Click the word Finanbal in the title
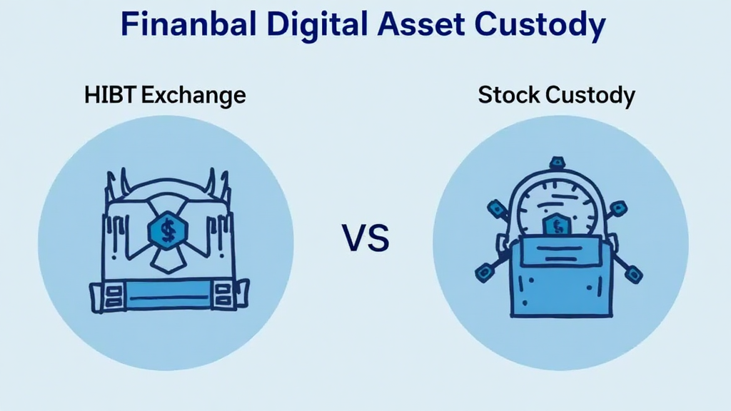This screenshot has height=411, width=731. pyautogui.click(x=188, y=24)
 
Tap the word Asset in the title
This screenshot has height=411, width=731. pyautogui.click(x=421, y=24)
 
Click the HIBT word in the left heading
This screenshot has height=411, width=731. pyautogui.click(x=110, y=95)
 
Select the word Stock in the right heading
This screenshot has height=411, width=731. pyautogui.click(x=508, y=95)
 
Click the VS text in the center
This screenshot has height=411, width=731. pyautogui.click(x=365, y=238)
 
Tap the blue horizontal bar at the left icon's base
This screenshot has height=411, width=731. pyautogui.click(x=168, y=295)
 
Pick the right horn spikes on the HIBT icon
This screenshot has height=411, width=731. pyautogui.click(x=217, y=186)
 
